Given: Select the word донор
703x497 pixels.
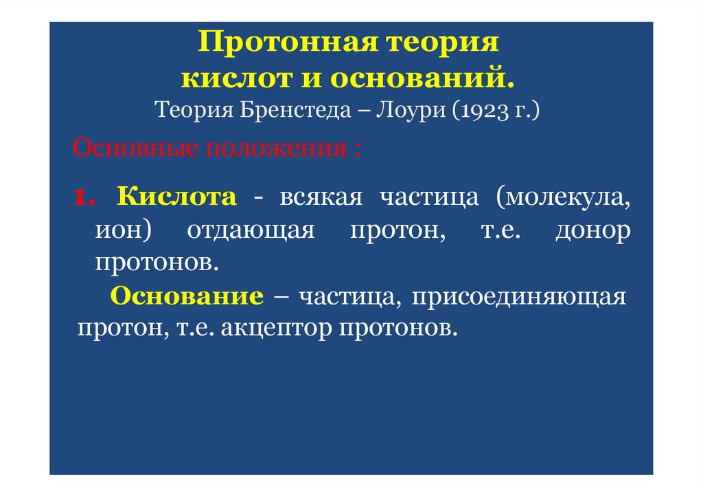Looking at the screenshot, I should (x=592, y=230).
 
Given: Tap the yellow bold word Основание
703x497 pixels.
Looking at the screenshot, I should (x=187, y=297).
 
